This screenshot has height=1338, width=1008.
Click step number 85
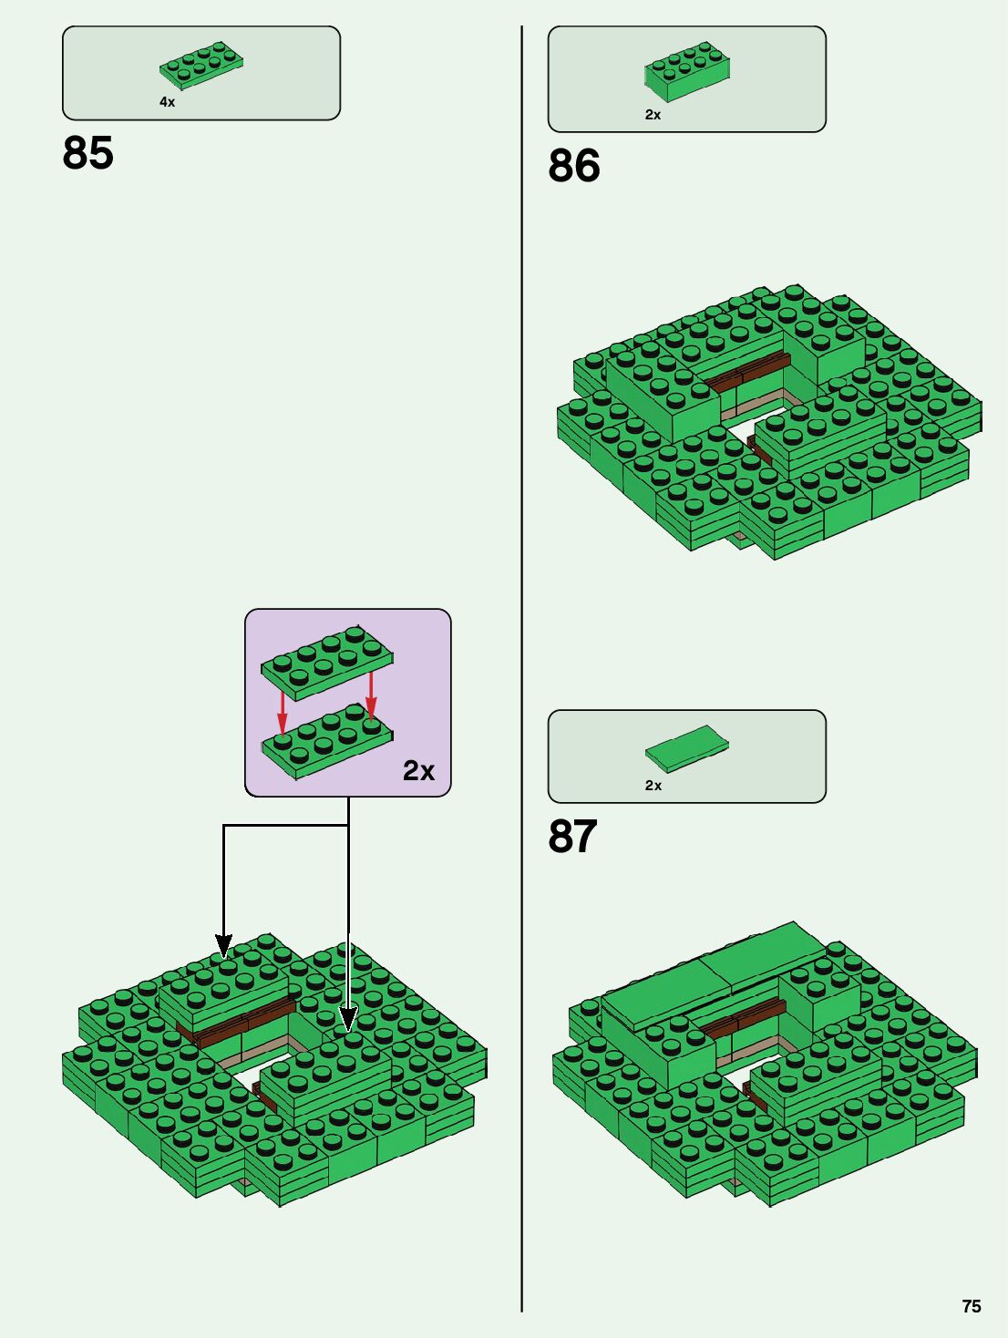coord(88,153)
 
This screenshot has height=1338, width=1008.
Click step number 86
coord(574,166)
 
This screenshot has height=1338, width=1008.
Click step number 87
coord(572,837)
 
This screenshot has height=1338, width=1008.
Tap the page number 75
coord(972,1306)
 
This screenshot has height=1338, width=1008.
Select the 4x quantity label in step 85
coord(167,102)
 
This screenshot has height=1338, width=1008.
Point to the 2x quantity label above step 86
coord(653,115)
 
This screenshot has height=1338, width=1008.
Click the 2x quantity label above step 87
coord(653,786)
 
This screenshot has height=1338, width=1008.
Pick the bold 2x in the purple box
coord(418,771)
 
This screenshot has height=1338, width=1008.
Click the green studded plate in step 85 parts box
coord(201,65)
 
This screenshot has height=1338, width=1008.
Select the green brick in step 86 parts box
coord(687,71)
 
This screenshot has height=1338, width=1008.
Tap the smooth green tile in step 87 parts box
coord(687,748)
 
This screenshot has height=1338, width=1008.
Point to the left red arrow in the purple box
coord(283,711)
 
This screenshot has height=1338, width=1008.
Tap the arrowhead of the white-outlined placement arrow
coord(347,1019)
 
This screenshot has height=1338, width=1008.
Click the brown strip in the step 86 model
coord(746,373)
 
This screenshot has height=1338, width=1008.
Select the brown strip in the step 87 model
coord(743,1017)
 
